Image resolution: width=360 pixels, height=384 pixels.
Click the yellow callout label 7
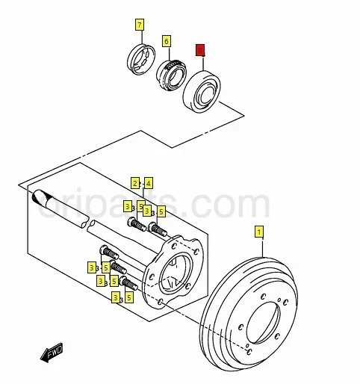[x=139, y=25]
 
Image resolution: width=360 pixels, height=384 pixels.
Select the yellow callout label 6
[x=166, y=40]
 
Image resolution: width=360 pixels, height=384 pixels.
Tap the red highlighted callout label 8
[x=199, y=50]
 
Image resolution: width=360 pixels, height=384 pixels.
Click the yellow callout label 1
[x=259, y=232]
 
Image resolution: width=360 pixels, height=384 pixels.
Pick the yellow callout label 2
[x=135, y=182]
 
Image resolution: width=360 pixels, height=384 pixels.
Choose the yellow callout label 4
[x=148, y=182]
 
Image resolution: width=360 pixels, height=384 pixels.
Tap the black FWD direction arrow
[x=53, y=353]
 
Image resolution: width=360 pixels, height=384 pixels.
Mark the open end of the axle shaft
[x=40, y=199]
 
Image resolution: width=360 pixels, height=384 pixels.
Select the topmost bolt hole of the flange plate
[x=179, y=241]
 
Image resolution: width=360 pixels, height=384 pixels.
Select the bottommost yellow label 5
[x=128, y=297]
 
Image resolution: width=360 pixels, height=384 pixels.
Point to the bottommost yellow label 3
[x=116, y=297]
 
